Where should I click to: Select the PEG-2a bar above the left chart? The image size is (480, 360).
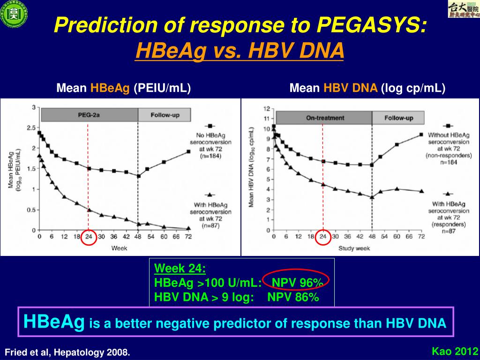[x=89, y=114]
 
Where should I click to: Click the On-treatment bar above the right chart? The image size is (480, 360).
[x=325, y=118]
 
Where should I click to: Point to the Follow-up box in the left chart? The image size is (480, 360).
[x=165, y=114]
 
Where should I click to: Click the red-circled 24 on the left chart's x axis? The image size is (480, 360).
[x=88, y=237]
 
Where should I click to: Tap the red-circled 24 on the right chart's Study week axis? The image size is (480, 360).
[x=322, y=237]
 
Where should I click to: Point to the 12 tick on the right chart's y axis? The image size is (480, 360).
[x=266, y=108]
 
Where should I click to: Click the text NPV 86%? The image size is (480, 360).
[x=293, y=297]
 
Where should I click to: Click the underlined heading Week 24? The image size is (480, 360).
[x=180, y=269]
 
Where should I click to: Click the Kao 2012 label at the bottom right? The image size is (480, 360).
[x=454, y=351]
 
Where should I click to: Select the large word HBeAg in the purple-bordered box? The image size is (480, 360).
[x=54, y=322]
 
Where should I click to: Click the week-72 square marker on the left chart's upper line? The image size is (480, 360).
[x=188, y=151]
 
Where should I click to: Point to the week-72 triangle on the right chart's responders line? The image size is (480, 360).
[x=421, y=191]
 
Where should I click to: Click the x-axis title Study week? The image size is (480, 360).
[x=355, y=248]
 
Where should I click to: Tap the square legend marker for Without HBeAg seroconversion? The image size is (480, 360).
[x=448, y=126]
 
